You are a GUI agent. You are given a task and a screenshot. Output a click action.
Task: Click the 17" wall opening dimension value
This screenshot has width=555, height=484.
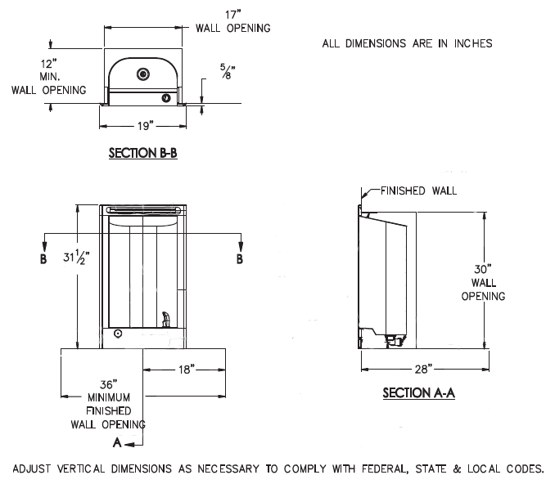click(x=232, y=14)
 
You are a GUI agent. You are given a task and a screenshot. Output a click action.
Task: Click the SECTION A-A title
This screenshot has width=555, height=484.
click(x=418, y=393)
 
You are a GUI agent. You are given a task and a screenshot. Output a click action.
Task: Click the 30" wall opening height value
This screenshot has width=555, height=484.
click(x=482, y=267)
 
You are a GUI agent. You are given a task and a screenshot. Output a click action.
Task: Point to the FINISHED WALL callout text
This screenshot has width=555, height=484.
click(x=418, y=191)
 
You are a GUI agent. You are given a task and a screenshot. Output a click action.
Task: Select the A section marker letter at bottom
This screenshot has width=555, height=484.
click(x=117, y=443)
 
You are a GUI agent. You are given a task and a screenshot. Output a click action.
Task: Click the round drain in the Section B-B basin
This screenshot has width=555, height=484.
click(x=143, y=74)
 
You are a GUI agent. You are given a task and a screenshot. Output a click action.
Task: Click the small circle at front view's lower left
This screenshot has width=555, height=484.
click(x=118, y=334)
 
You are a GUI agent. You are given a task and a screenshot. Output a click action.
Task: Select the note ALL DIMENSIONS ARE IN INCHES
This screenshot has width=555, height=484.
click(x=407, y=43)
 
